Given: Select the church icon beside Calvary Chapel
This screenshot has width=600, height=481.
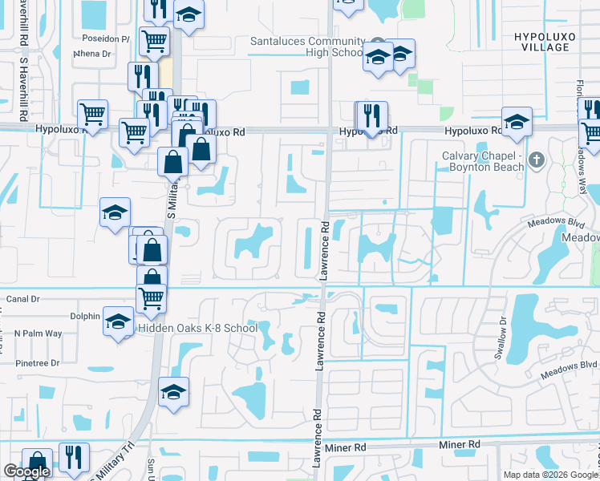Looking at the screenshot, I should [x=537, y=161].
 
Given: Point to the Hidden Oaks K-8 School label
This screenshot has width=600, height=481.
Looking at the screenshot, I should [x=197, y=328].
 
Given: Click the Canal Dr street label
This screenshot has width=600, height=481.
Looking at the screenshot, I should [x=22, y=299].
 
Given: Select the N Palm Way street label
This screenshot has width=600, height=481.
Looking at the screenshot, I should [x=38, y=333].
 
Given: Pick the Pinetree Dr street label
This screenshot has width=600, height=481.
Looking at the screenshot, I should [x=38, y=363].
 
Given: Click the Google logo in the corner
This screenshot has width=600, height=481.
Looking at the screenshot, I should [x=26, y=472].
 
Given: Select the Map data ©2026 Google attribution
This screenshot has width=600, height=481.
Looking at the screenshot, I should [x=549, y=475].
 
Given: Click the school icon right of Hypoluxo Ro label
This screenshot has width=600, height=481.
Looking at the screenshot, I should [x=517, y=122].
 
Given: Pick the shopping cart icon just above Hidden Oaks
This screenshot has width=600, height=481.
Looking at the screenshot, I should [x=151, y=298].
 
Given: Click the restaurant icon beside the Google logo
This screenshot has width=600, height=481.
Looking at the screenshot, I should [x=74, y=457].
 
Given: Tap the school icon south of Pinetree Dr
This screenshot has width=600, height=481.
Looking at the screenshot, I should [x=173, y=392].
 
